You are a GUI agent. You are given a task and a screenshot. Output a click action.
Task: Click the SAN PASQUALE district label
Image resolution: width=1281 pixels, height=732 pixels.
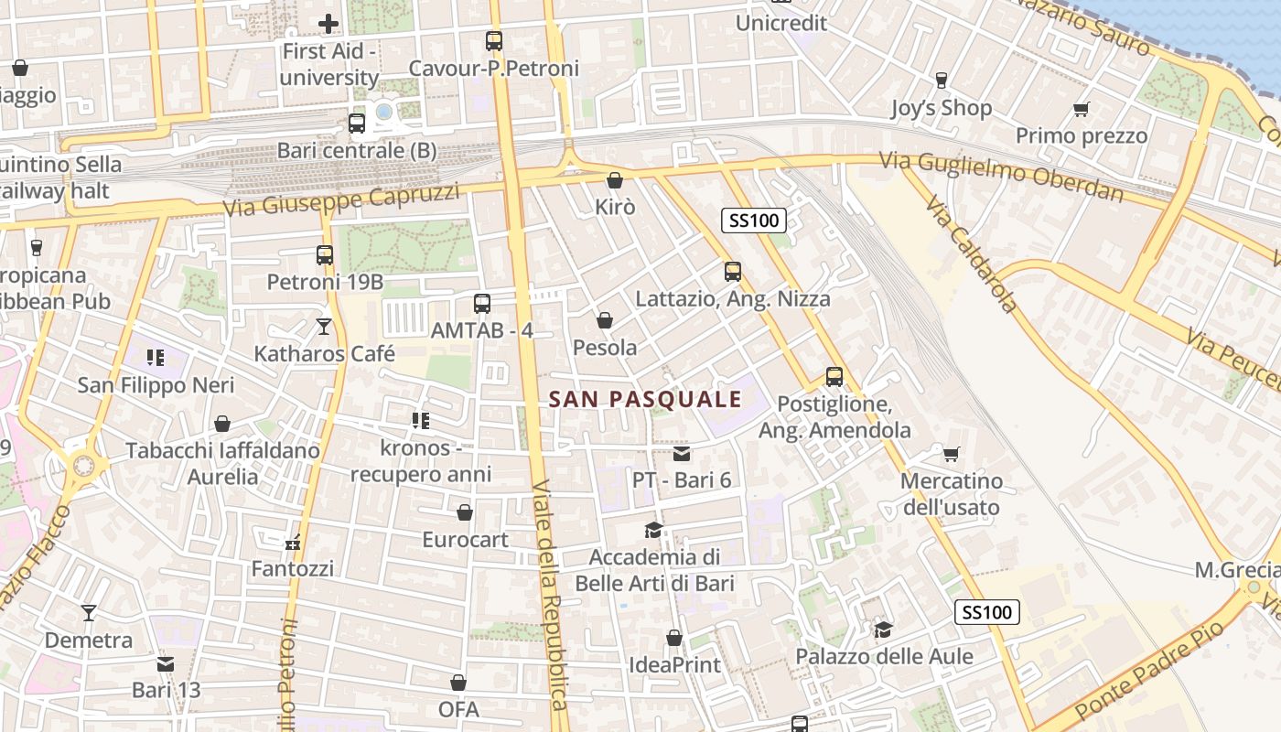click(x=646, y=399)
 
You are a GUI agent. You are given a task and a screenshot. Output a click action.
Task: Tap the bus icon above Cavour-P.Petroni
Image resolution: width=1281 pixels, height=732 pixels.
click(x=494, y=41)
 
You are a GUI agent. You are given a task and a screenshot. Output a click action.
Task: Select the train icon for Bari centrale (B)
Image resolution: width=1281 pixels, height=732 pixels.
click(x=357, y=123)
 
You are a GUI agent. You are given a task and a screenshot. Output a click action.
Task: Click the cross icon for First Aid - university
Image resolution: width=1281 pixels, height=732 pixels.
click(x=328, y=24)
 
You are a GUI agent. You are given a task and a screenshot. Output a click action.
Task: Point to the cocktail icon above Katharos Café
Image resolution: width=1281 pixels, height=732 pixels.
click(x=324, y=327)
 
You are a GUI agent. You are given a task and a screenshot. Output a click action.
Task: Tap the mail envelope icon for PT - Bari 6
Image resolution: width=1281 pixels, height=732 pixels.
click(x=682, y=453)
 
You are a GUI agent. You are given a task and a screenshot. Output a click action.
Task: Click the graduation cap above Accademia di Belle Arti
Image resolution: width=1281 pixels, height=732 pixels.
click(x=653, y=530)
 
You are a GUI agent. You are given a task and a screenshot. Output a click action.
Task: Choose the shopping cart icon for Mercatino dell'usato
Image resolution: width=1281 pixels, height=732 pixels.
click(x=952, y=454)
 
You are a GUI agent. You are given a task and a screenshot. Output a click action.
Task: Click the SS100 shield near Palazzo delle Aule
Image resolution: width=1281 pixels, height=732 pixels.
click(x=987, y=612)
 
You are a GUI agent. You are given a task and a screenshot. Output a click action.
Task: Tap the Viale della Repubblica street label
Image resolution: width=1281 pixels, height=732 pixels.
click(x=552, y=595)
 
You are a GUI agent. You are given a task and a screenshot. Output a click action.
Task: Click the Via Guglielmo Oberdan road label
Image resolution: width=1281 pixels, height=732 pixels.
click(x=1001, y=176)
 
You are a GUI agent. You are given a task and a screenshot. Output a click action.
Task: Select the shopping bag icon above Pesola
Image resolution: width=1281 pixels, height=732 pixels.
click(x=604, y=320)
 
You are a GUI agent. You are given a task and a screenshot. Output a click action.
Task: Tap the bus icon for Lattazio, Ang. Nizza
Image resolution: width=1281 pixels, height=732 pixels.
click(x=732, y=271)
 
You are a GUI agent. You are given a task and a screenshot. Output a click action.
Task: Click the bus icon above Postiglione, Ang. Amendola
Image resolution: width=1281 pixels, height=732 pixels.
click(x=834, y=376)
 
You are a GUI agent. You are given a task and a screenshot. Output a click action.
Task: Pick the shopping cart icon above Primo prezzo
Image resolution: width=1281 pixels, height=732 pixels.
click(x=1081, y=110)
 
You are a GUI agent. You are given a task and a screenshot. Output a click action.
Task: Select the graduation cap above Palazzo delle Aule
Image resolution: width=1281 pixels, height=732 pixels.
click(x=883, y=630)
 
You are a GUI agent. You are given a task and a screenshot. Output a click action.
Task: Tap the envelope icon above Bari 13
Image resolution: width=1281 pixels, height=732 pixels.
click(x=166, y=663)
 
